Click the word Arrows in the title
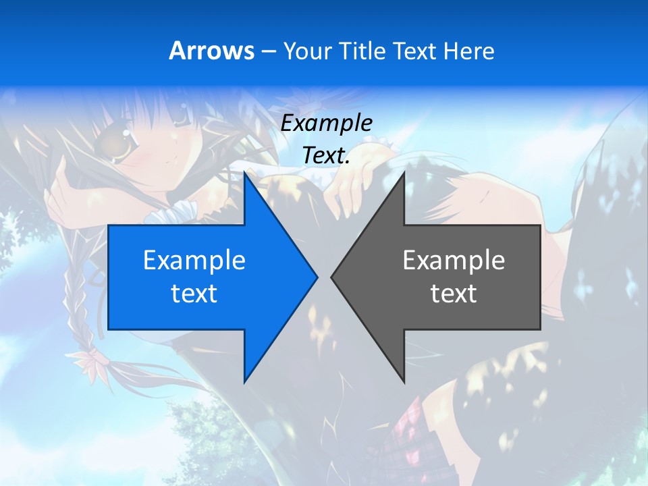[x=211, y=51]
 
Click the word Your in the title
[x=307, y=51]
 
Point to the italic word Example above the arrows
[x=326, y=123]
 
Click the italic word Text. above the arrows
[x=326, y=155]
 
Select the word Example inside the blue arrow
[x=194, y=260]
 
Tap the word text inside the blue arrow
[x=194, y=293]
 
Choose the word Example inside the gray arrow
[x=454, y=260]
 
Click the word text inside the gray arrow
[x=454, y=293]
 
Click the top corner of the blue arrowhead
[x=244, y=173]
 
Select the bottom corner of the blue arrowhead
[x=244, y=382]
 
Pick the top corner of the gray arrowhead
[x=404, y=173]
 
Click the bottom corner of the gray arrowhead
[x=404, y=382]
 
